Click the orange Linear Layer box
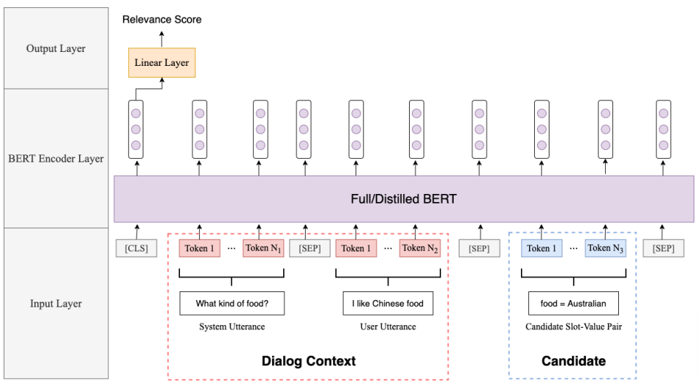(162, 63)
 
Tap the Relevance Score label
(161, 20)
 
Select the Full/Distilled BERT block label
(404, 198)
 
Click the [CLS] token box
(136, 248)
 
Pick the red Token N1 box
(263, 248)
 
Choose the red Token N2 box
(419, 248)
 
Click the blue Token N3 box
(604, 248)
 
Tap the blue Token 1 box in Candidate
(542, 248)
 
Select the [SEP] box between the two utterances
(309, 248)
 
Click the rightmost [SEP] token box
(663, 248)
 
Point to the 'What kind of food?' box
(231, 303)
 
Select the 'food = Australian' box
(573, 303)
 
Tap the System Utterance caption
(231, 327)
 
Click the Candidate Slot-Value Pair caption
(573, 327)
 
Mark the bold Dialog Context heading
(308, 361)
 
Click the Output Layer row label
(56, 49)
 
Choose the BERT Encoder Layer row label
(56, 158)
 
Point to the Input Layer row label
(56, 304)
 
